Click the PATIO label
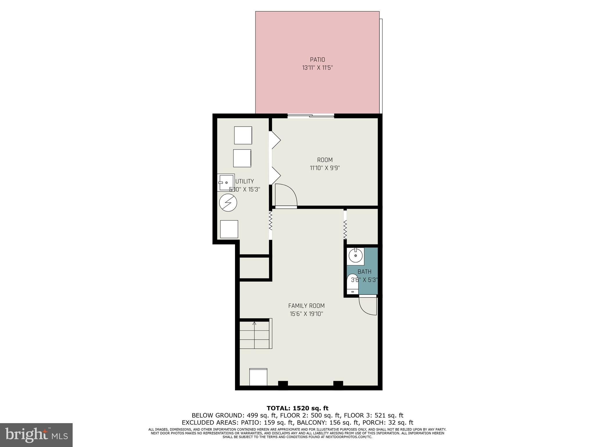(317, 60)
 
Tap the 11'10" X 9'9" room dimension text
(325, 168)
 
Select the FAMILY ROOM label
(306, 306)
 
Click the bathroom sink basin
(355, 256)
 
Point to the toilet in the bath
(353, 284)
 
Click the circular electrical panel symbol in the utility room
(228, 203)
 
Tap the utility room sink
(226, 182)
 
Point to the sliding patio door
(311, 116)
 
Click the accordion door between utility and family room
(270, 221)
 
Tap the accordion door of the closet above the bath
(345, 229)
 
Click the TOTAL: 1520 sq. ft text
(297, 408)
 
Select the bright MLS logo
(36, 435)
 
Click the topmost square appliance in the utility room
(243, 135)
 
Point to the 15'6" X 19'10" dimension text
(306, 314)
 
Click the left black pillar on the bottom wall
(283, 384)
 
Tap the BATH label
(364, 272)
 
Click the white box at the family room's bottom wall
(258, 377)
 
